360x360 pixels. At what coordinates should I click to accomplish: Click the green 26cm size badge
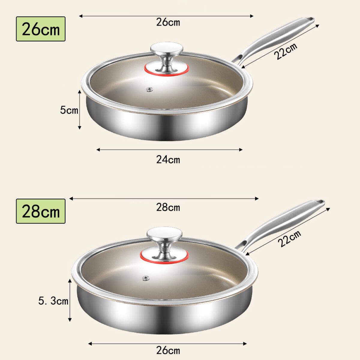pyautogui.click(x=41, y=29)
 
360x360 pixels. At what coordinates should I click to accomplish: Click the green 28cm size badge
pyautogui.click(x=41, y=211)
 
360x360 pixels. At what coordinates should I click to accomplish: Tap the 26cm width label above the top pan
pyautogui.click(x=168, y=22)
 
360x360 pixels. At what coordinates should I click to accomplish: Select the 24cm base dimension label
pyautogui.click(x=168, y=160)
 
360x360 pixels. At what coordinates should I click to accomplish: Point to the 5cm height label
pyautogui.click(x=69, y=110)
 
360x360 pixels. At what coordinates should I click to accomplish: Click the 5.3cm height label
pyautogui.click(x=53, y=301)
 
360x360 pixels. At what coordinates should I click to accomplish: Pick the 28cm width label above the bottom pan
pyautogui.click(x=168, y=207)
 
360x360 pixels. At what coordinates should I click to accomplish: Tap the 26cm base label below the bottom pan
pyautogui.click(x=168, y=350)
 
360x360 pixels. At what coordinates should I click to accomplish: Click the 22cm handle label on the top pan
pyautogui.click(x=286, y=51)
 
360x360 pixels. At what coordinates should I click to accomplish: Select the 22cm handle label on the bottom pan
pyautogui.click(x=289, y=238)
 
